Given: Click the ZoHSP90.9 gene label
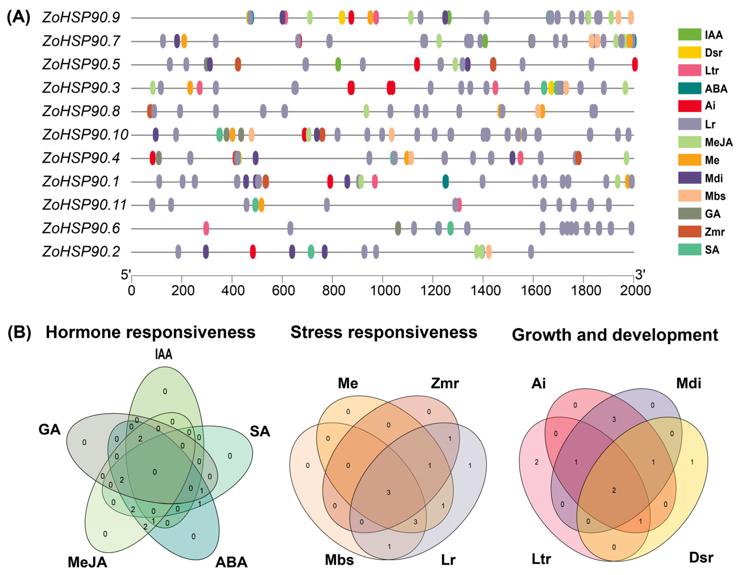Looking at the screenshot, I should click(81, 17).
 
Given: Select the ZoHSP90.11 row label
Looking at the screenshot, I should click(84, 205).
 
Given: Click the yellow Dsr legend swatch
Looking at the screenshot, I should click(689, 52).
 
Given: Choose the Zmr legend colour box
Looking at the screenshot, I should click(689, 232).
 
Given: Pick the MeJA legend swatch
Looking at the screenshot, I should click(689, 142).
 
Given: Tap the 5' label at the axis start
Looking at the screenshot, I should click(126, 275).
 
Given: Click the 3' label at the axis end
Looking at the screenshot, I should click(640, 275).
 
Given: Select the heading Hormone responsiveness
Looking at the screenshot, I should click(150, 332).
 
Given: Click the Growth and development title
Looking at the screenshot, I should click(615, 335).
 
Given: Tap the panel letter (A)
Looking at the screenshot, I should click(19, 17).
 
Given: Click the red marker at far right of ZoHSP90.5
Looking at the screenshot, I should click(635, 64).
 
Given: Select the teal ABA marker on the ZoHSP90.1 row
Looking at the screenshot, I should click(445, 182).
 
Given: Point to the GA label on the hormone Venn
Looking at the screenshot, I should click(50, 430).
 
